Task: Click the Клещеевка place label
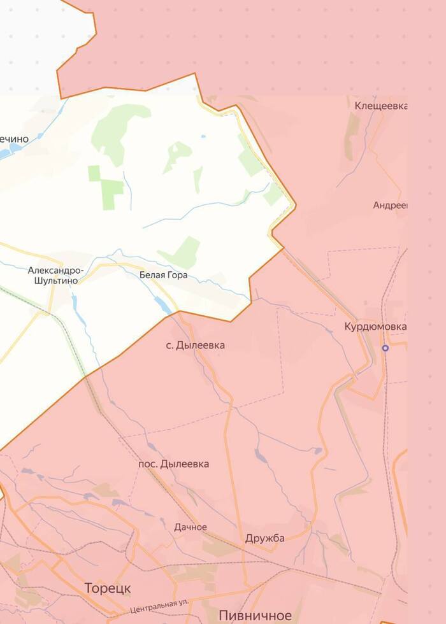pos(381,105)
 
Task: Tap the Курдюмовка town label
pos(375,327)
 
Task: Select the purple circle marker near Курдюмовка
pos(385,348)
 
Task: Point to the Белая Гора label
pos(163,275)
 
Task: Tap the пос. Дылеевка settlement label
pos(173,464)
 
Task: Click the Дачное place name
pos(191,527)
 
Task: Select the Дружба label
pos(264,538)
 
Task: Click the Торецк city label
pos(108,588)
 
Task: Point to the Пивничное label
pos(255,615)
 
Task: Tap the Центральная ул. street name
pos(160,605)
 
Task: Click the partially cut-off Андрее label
pos(390,205)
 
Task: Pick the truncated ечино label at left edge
pos(14,139)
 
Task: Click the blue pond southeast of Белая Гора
pos(163,305)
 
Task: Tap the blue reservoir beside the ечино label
pos(11,152)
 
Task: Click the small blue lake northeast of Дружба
pos(317,451)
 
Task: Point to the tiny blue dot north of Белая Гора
pos(203,136)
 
